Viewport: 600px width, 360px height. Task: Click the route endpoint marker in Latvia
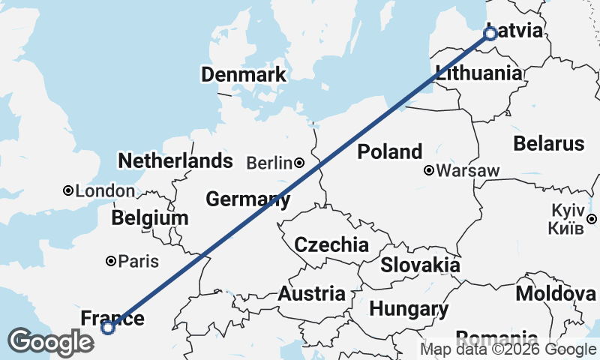point(490,34)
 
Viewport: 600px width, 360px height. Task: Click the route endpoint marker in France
point(108,327)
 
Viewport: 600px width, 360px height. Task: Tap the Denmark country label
point(243,74)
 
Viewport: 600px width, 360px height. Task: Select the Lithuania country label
point(478,73)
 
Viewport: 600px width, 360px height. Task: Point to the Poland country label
point(389,152)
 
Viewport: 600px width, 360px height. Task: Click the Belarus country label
point(548,143)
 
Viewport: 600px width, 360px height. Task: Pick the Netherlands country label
point(175,160)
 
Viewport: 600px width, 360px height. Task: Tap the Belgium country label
point(149,218)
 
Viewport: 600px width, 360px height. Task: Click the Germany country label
point(247,199)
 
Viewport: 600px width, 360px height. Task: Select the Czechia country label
point(331,244)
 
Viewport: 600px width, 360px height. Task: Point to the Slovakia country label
point(420,265)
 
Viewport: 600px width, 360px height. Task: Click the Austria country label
point(311,294)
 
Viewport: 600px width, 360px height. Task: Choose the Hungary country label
point(409,308)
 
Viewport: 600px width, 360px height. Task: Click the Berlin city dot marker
point(298,163)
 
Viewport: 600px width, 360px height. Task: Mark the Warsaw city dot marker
point(428,170)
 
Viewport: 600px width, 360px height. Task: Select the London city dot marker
point(68,191)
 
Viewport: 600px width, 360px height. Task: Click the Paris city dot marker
point(110,261)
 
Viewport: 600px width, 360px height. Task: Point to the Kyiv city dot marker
point(591,218)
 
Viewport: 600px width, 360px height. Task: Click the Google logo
point(51,342)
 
